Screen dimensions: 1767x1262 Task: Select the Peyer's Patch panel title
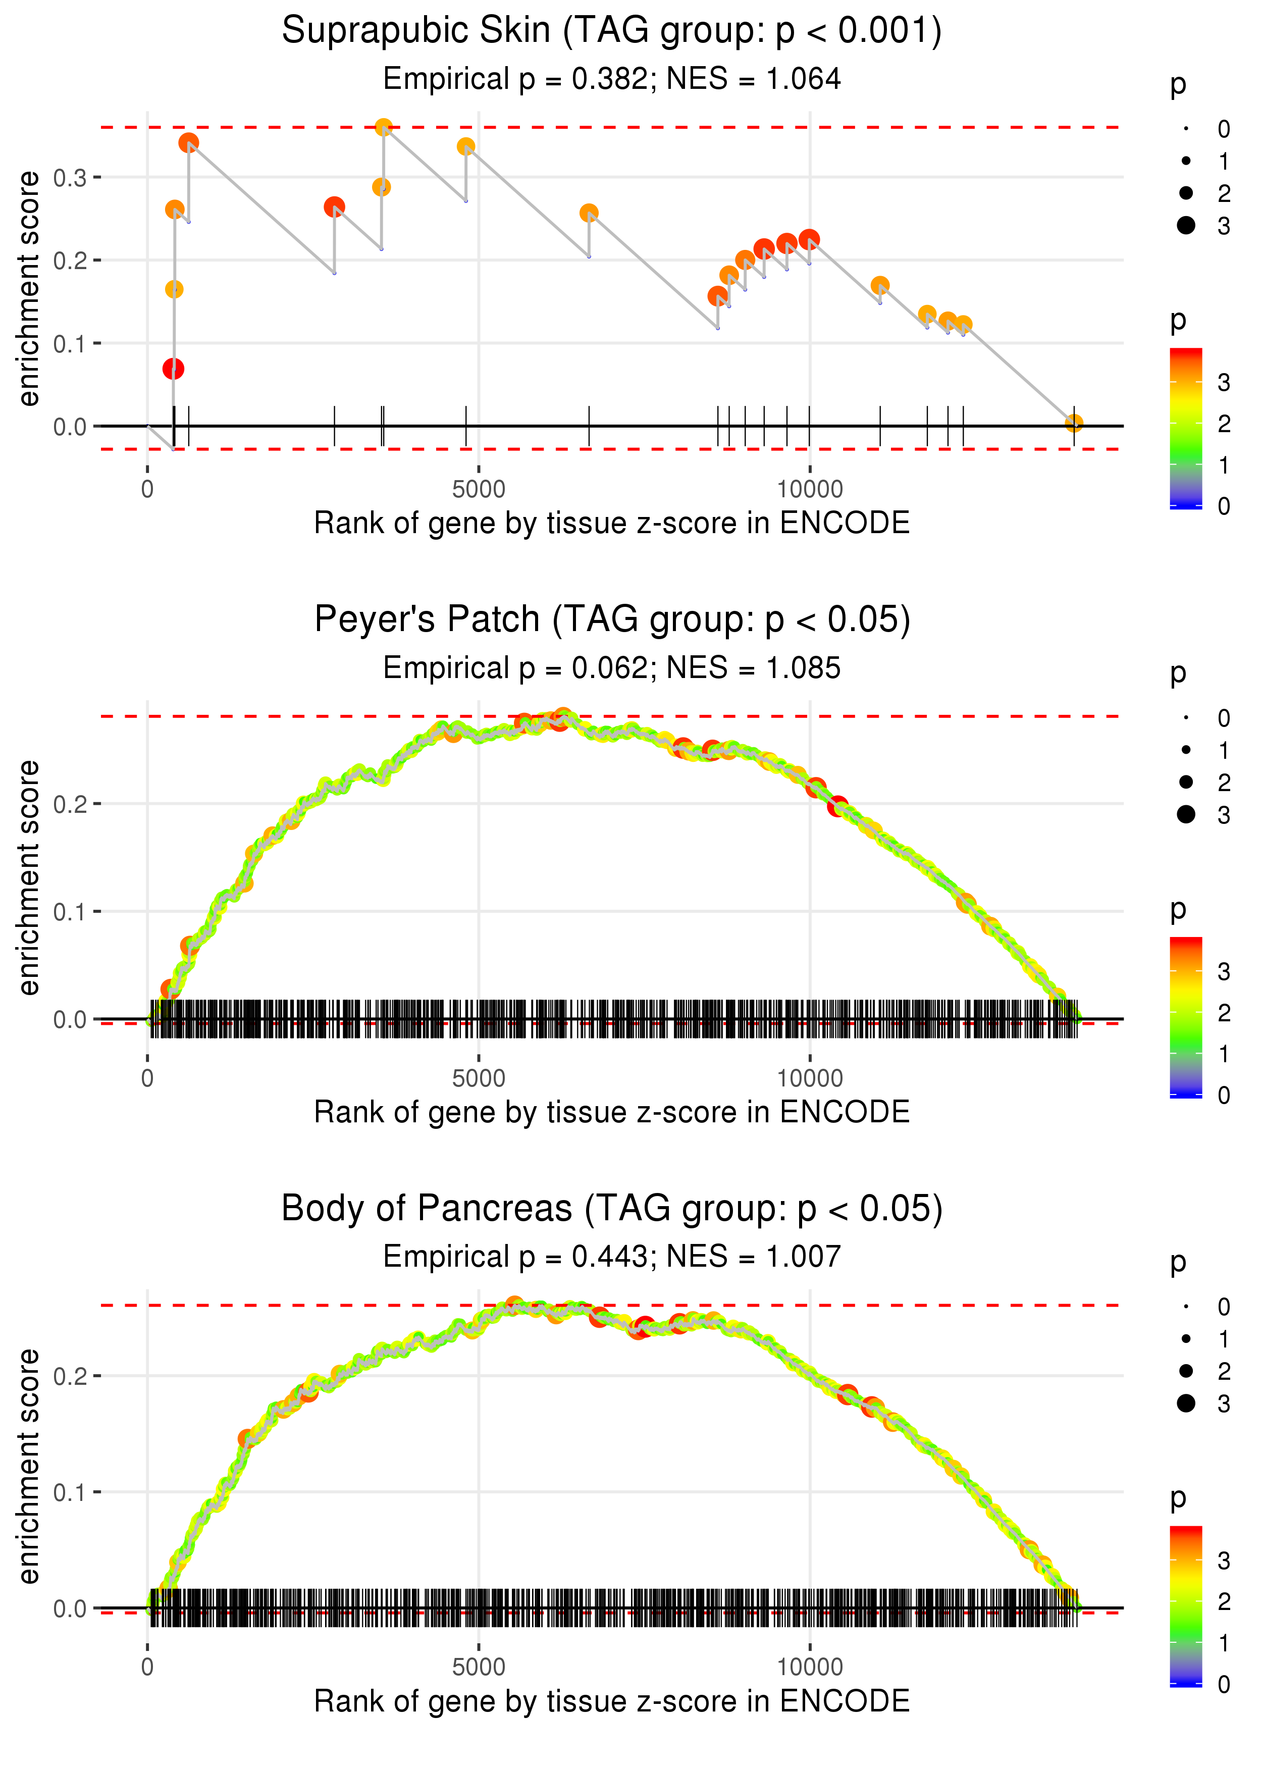tap(612, 620)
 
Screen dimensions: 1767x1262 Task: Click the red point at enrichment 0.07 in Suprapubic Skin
tap(173, 369)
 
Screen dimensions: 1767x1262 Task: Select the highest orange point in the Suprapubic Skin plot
tap(383, 127)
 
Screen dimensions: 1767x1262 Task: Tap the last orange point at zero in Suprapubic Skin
tap(1074, 423)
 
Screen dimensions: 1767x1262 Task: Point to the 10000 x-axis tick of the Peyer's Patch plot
tap(810, 1078)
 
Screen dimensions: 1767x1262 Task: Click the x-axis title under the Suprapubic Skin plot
tap(612, 524)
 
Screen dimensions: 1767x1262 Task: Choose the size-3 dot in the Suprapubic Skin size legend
tap(1186, 225)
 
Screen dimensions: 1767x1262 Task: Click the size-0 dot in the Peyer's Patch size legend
tap(1186, 717)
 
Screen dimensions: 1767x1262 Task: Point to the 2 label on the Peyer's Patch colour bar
tap(1224, 1012)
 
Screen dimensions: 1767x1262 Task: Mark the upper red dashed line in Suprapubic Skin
tap(622, 127)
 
